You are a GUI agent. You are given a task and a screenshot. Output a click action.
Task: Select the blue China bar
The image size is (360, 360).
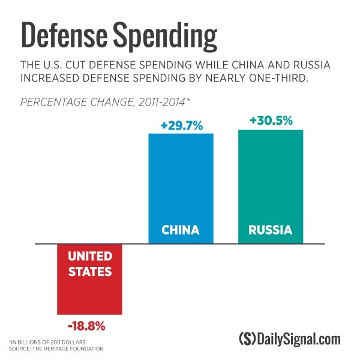[x=181, y=180]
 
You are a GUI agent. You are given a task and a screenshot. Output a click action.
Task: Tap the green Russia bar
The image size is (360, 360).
[x=271, y=180]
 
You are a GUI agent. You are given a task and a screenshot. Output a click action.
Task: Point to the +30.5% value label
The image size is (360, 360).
[x=271, y=121]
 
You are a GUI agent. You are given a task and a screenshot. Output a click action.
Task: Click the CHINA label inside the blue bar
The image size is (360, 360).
[x=181, y=230]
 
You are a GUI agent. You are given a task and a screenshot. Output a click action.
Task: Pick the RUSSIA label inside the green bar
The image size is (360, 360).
[x=271, y=230]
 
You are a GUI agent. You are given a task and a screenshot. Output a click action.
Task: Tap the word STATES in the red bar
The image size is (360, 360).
[x=89, y=271]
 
